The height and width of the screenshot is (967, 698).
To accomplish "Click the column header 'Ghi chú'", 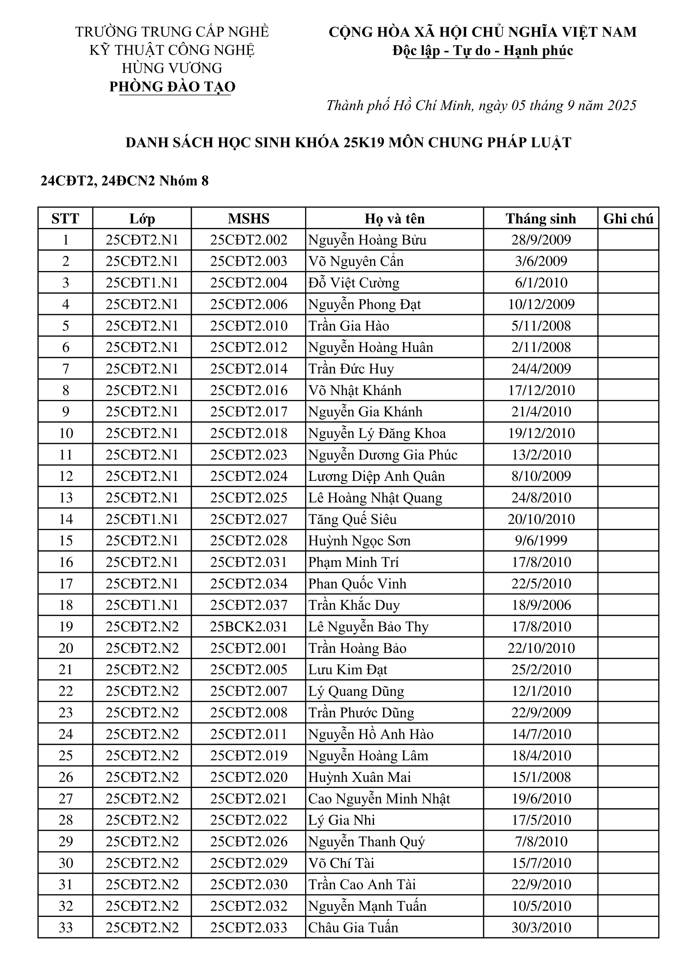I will [628, 219].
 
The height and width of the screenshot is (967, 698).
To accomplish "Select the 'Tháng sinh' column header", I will [541, 219].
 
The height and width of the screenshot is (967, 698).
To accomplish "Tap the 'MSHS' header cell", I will [248, 219].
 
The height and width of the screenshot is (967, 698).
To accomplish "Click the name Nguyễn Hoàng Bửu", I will [367, 240].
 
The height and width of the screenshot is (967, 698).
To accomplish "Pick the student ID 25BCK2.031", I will [248, 627].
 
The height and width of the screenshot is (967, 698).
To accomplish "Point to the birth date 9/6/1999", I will [541, 541].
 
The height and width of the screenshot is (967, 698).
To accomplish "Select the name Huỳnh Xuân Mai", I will [359, 777].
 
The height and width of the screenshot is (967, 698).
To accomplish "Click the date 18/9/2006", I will [541, 605].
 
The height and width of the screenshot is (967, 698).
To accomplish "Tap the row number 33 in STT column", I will [66, 927].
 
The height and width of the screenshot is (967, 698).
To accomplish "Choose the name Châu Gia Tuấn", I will [353, 927].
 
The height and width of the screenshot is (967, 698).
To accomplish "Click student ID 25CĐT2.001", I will [248, 648].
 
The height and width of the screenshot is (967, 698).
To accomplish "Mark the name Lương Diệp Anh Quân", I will [377, 476].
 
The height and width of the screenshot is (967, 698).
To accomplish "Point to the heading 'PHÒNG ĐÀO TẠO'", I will [172, 87].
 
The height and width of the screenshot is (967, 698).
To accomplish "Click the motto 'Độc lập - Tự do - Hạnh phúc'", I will [483, 51].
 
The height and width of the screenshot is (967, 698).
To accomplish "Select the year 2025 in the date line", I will [622, 105].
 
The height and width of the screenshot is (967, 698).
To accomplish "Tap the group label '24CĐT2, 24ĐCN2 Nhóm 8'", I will [124, 181].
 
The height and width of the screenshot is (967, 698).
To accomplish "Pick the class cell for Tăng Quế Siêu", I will [142, 519].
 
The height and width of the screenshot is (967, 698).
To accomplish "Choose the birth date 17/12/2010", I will [541, 390].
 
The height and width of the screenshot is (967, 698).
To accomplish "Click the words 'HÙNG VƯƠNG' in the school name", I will [172, 68].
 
